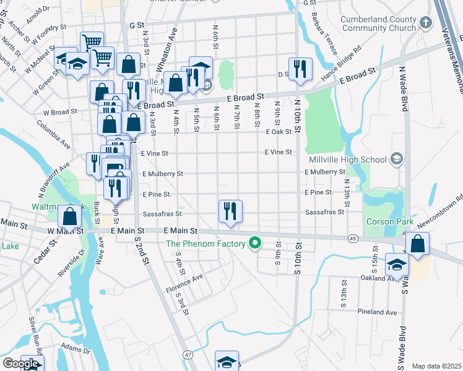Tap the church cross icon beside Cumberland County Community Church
point(425,23)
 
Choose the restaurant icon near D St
point(300,69)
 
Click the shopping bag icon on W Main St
point(70,217)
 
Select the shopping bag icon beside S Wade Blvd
point(418,244)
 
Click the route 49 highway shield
point(352,238)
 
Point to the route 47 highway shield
point(188,354)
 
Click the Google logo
point(20,364)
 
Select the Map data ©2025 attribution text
point(436,366)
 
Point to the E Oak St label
point(279,132)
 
